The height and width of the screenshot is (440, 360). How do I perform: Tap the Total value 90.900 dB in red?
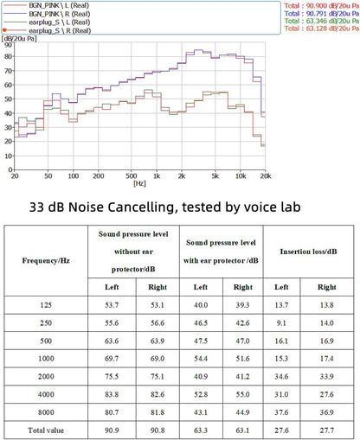click(322, 5)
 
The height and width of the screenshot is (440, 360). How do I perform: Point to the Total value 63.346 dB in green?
click(322, 21)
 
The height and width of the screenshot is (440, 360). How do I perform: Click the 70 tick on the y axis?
click(8, 71)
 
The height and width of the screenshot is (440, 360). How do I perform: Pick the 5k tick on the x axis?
click(215, 175)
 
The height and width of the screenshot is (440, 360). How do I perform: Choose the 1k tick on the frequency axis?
click(157, 175)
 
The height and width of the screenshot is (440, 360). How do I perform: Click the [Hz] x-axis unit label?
click(139, 183)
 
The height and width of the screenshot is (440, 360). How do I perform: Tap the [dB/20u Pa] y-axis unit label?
click(19, 38)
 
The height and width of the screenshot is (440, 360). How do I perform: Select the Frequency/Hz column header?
click(46, 260)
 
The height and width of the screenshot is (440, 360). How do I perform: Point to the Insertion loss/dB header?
click(308, 252)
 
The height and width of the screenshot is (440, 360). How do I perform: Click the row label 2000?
click(46, 376)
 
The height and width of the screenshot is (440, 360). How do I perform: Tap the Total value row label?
click(46, 430)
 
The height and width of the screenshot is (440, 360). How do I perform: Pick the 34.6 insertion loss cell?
click(281, 376)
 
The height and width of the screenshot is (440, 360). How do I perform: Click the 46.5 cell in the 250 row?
click(201, 322)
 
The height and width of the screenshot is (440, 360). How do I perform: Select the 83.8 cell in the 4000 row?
click(112, 394)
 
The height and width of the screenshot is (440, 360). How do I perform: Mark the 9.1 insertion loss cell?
click(281, 322)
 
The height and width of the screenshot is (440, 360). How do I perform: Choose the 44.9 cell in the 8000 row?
click(242, 412)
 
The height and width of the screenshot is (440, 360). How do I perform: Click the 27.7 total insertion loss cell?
click(327, 430)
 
